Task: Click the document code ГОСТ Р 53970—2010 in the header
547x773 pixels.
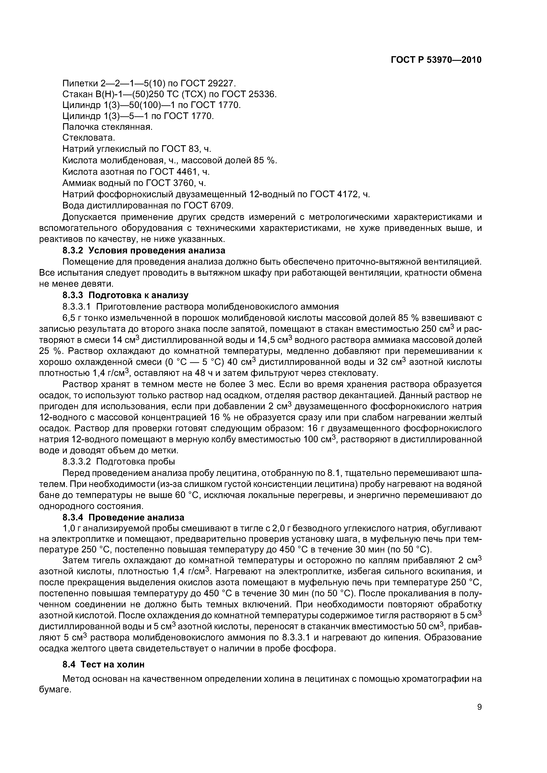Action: point(436,60)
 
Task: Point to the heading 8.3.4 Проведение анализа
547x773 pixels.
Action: point(123,517)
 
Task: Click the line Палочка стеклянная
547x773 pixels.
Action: point(107,127)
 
